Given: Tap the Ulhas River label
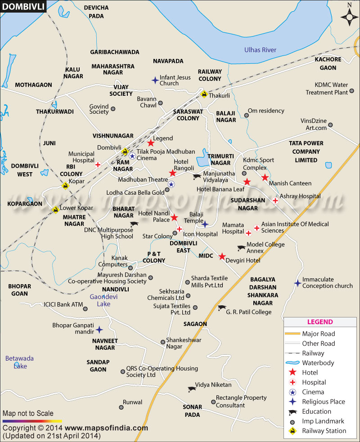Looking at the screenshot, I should pos(260,50).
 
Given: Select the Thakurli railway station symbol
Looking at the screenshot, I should pos(204,94).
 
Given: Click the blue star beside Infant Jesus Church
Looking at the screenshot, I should pos(155,80).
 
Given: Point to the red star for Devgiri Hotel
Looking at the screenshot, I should pos(222,257).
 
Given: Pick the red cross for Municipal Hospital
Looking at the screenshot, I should pos(98,165).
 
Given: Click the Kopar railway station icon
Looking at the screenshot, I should pos(66,185).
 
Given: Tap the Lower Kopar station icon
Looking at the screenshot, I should pos(55,209).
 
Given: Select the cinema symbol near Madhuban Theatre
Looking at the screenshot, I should pos(171,184).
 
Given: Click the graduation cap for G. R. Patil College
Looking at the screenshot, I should pos(221,308).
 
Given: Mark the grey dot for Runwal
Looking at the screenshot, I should pos(121,407).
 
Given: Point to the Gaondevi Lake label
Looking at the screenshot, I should pos(100,300).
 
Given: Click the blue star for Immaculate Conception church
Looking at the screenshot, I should pos(297,283).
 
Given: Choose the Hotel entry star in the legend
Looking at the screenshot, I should pos(292,372).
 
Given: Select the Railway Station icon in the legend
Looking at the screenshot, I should pos(292,431).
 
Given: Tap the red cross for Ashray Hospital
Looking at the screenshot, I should pos(274,200).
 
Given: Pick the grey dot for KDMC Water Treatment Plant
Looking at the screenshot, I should pos(352,92).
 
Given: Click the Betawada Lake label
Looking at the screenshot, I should pos(19,362).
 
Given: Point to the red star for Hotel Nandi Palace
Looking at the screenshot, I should pos(174,218).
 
